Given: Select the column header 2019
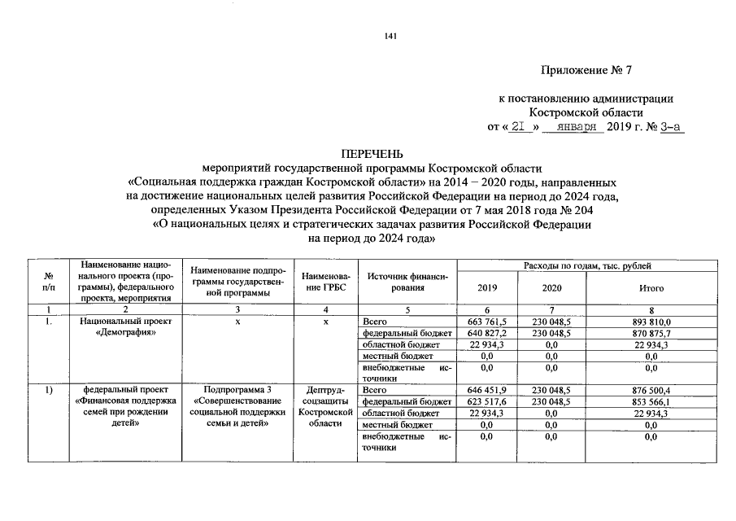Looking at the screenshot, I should [487, 288].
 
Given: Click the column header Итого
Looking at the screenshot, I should [652, 288].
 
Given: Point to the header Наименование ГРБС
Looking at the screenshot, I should [325, 282].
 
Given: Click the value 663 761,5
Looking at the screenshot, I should [487, 322].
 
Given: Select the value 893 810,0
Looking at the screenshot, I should [652, 322].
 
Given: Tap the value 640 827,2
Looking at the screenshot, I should [487, 334].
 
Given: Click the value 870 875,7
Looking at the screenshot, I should [652, 334].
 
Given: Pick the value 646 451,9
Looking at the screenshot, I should [487, 391].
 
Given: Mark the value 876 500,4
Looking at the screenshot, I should [652, 391].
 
